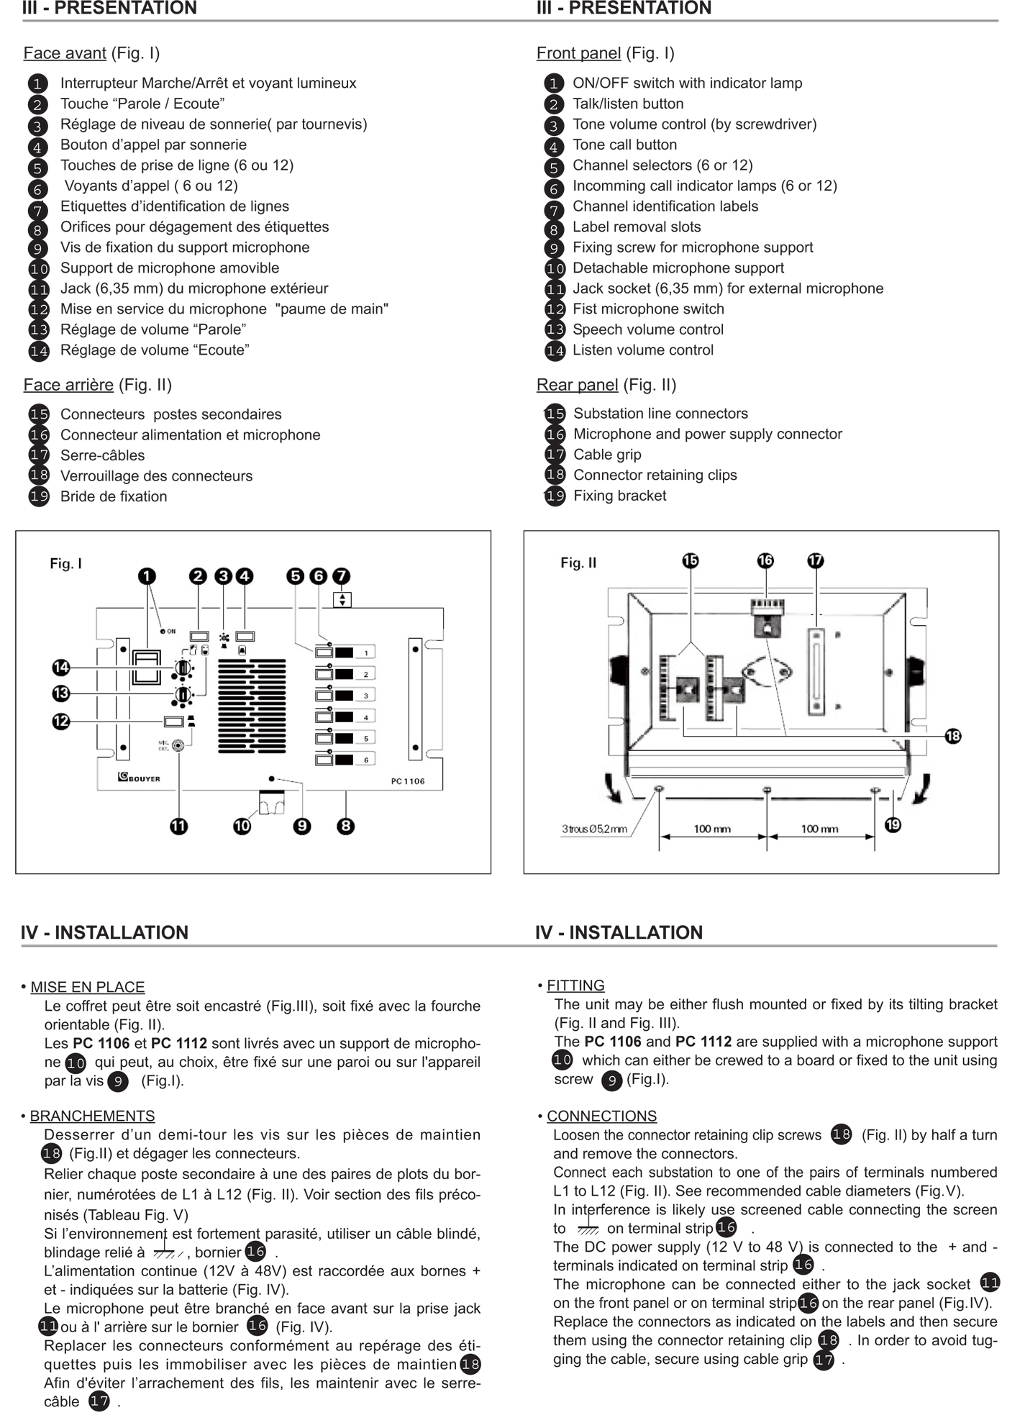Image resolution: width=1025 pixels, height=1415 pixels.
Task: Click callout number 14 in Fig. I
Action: [61, 668]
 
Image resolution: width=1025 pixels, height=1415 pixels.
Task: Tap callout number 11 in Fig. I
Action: [178, 826]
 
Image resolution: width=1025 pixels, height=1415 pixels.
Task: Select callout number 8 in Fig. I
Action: [346, 826]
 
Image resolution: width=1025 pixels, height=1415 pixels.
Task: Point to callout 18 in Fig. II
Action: [953, 736]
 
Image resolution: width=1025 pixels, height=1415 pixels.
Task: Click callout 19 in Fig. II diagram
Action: [893, 824]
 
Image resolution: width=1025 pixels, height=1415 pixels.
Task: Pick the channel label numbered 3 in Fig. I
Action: [366, 696]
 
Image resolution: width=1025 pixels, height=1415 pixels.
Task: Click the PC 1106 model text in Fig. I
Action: [408, 781]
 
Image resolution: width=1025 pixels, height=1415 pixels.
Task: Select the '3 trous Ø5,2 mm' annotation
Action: [594, 829]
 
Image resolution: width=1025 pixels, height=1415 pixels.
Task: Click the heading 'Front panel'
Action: [578, 53]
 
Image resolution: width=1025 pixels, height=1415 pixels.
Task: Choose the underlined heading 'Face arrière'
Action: [68, 385]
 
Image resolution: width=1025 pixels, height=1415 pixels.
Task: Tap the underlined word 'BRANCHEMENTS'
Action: [92, 1116]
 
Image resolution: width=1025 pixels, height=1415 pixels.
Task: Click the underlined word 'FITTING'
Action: [575, 986]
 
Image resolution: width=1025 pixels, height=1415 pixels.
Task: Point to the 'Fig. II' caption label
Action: [578, 563]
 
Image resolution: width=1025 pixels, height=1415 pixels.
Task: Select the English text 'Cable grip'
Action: [607, 455]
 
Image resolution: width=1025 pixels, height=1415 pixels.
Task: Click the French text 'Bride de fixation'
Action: [114, 496]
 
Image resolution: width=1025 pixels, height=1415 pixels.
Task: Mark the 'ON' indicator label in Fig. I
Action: [171, 632]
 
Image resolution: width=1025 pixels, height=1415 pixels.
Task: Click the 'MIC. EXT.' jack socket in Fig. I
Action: [178, 746]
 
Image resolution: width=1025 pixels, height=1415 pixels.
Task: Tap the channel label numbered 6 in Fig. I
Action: [366, 760]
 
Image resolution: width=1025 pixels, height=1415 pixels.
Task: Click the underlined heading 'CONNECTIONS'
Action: [601, 1116]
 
